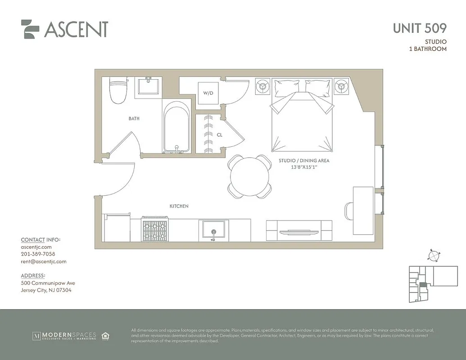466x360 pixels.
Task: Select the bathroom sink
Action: click(150, 85)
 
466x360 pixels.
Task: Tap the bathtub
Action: click(176, 127)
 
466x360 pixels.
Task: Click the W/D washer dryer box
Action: click(208, 94)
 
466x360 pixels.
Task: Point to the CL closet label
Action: click(220, 134)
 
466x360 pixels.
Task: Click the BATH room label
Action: click(134, 119)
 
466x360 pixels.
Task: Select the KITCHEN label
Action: click(179, 206)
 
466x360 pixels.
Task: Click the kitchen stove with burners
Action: click(155, 229)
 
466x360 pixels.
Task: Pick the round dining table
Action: click(249, 176)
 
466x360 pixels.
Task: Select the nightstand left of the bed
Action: click(263, 86)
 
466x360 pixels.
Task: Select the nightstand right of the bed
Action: click(342, 86)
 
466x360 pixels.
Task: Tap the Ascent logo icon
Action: click(30, 29)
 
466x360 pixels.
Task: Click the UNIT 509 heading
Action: click(419, 28)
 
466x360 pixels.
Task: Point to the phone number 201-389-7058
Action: click(38, 254)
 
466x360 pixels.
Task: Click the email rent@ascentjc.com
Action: click(44, 261)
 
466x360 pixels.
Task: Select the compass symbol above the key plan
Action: click(433, 255)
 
